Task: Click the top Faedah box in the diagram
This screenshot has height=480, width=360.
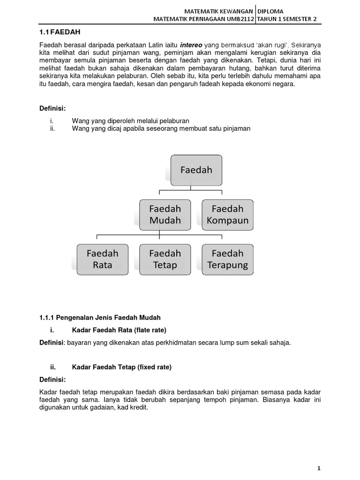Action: coord(195,169)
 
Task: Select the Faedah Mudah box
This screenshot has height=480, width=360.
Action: coord(165,214)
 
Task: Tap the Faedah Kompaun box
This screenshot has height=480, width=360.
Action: coord(227,214)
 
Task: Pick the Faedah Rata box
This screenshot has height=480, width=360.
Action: coord(102,259)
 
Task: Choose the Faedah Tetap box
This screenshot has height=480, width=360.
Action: coord(165,259)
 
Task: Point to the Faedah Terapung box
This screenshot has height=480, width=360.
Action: coord(227,259)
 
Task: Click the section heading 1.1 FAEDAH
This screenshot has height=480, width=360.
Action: coord(60,32)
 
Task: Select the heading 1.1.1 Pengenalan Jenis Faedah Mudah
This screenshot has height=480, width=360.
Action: coord(100,318)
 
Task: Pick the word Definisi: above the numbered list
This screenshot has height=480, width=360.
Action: coord(52,109)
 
